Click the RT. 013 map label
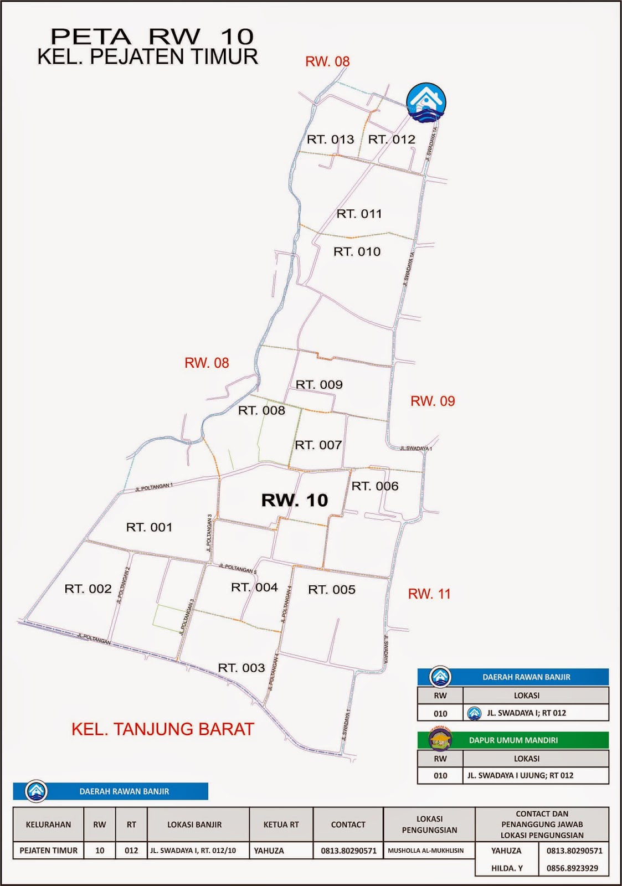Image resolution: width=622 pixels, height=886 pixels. click(x=330, y=140)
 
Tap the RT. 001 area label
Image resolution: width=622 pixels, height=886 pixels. click(x=149, y=527)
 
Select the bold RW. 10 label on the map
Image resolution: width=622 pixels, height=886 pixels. click(x=295, y=500)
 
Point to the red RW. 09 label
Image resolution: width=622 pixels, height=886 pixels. click(x=433, y=401)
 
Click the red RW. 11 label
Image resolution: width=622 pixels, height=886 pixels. click(x=429, y=594)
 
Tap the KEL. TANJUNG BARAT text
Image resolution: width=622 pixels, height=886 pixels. click(x=163, y=729)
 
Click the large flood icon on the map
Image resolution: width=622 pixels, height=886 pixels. click(x=426, y=102)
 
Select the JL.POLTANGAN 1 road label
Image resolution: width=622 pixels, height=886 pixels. click(x=153, y=487)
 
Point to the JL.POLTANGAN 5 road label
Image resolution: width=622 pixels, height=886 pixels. click(x=238, y=568)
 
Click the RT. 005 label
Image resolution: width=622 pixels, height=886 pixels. click(x=332, y=590)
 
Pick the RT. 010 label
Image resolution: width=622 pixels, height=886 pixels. click(x=357, y=252)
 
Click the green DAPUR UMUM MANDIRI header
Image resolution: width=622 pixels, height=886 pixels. click(x=513, y=740)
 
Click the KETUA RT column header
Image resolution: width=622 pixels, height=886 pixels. click(x=281, y=825)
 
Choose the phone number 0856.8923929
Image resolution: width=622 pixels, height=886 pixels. click(x=572, y=868)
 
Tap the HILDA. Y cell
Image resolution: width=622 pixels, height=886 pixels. click(x=506, y=868)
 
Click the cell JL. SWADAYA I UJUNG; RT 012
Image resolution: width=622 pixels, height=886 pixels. click(x=520, y=775)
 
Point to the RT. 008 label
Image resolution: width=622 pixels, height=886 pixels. click(x=261, y=411)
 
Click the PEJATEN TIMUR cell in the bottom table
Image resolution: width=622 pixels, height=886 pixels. click(x=48, y=851)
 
